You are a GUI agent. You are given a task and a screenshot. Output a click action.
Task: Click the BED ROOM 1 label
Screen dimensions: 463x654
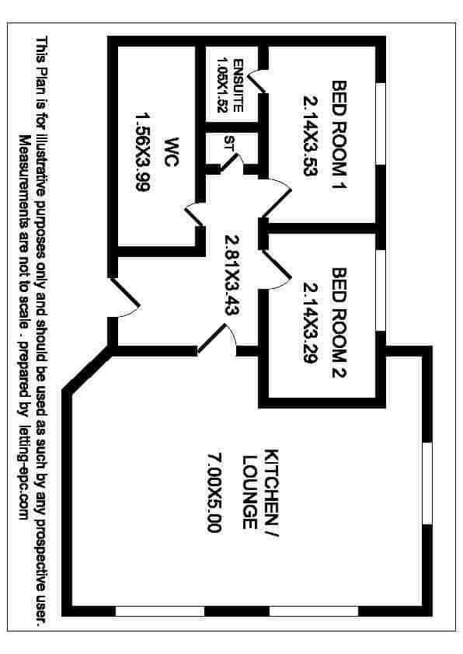click(x=339, y=135)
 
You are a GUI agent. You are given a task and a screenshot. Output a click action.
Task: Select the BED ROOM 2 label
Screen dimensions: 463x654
click(x=339, y=322)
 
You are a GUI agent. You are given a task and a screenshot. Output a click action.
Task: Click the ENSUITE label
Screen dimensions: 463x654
click(x=238, y=85)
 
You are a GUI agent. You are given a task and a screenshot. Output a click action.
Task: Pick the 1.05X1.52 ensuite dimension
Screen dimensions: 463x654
click(x=222, y=85)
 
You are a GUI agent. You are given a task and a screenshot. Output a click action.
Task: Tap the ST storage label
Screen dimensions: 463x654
click(x=228, y=143)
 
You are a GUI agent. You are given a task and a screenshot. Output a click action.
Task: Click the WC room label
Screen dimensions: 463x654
click(x=172, y=151)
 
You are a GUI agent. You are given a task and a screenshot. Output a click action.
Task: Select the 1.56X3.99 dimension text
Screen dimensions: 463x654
click(x=143, y=151)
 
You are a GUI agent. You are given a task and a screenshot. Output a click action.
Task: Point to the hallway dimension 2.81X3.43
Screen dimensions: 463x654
click(x=231, y=275)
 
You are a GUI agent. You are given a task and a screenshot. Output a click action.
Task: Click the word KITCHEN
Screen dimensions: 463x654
click(x=271, y=487)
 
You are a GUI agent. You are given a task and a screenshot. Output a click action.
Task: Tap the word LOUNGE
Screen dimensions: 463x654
click(x=249, y=492)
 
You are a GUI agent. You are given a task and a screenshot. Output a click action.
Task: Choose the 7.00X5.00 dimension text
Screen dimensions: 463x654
click(x=214, y=492)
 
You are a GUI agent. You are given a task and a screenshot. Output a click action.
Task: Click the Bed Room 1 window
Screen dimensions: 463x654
click(x=381, y=123)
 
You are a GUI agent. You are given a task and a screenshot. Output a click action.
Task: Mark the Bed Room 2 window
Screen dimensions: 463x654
click(x=381, y=290)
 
